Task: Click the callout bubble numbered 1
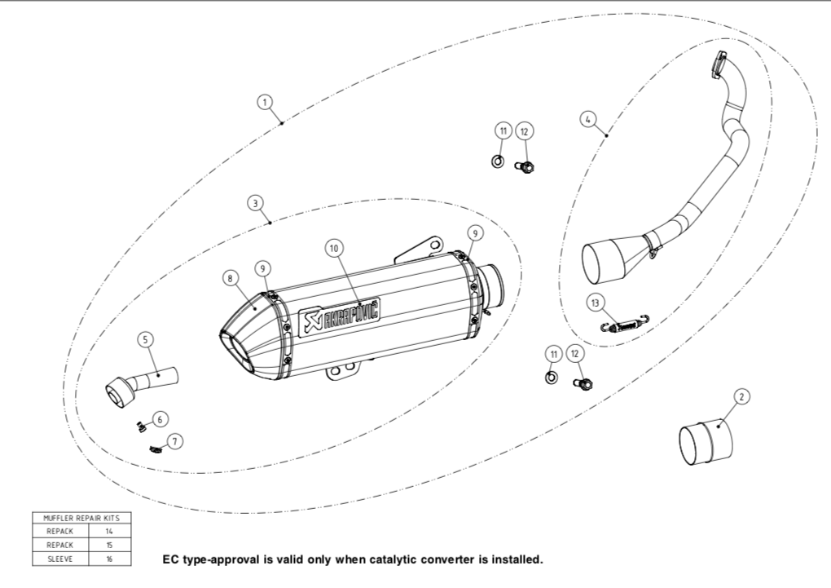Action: [x=264, y=102]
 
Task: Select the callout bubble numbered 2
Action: [x=741, y=397]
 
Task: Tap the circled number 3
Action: [x=255, y=201]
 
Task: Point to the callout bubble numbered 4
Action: [x=587, y=119]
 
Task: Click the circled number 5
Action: [x=146, y=339]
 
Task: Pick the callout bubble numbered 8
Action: [x=231, y=278]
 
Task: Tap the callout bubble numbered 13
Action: [x=596, y=303]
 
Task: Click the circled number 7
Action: [x=174, y=441]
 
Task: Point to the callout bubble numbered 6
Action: [x=160, y=418]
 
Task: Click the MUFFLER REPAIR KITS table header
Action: [x=81, y=518]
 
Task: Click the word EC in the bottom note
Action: [x=170, y=560]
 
